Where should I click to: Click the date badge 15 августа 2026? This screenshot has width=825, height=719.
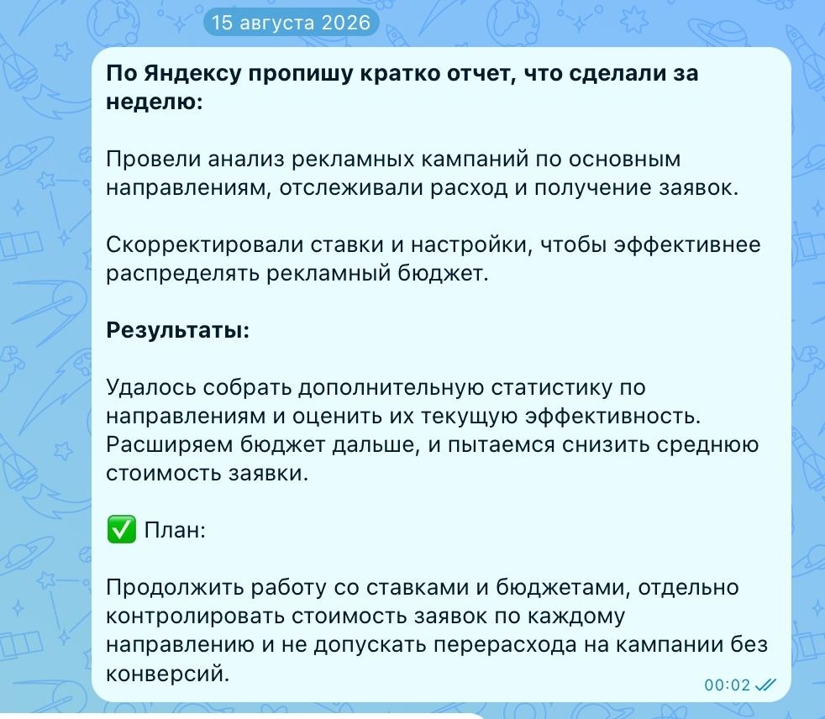[291, 23]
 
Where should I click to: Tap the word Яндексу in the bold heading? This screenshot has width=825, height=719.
[192, 74]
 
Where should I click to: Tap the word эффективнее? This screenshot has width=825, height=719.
[687, 245]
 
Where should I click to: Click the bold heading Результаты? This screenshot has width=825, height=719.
[178, 330]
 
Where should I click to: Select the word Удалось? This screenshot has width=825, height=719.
[151, 388]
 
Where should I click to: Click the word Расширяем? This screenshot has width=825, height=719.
[170, 445]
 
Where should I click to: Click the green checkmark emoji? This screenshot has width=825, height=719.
[122, 529]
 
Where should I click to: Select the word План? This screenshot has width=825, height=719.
[175, 530]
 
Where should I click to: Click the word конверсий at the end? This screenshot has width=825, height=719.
[168, 674]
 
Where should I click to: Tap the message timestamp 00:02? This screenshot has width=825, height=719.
[728, 685]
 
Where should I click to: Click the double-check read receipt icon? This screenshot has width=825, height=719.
[765, 685]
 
